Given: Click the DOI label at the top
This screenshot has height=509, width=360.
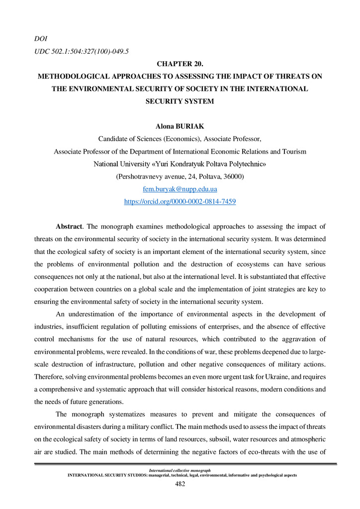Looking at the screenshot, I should tap(40, 38).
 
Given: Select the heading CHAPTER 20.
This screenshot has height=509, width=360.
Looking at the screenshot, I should tap(180, 64).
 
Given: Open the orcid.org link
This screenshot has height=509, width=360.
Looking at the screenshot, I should tap(180, 202).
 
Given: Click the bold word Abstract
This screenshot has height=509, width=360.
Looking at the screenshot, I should tap(68, 227).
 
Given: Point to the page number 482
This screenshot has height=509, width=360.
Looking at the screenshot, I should tap(180, 484).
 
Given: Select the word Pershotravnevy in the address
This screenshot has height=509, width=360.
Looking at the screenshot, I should tap(140, 176).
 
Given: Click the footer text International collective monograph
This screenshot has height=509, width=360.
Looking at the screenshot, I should tap(180, 470).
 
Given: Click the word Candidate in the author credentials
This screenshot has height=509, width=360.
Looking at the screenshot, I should tap(113, 139).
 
